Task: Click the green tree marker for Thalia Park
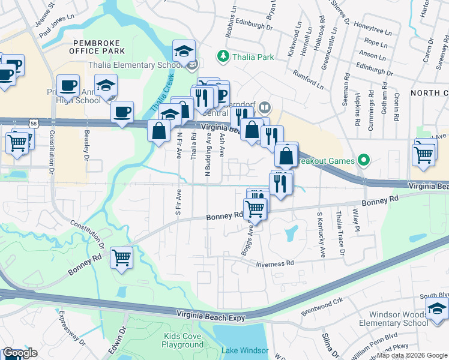pyautogui.click(x=223, y=56)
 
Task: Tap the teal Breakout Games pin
pyautogui.click(x=362, y=160)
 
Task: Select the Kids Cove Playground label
pyautogui.click(x=182, y=341)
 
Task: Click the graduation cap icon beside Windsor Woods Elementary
pyautogui.click(x=438, y=309)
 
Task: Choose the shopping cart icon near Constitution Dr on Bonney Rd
pyautogui.click(x=122, y=257)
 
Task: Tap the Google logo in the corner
pyautogui.click(x=20, y=353)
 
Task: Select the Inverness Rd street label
pyautogui.click(x=274, y=263)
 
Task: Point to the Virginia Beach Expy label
pyautogui.click(x=211, y=314)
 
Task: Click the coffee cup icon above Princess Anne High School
pyautogui.click(x=68, y=85)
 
